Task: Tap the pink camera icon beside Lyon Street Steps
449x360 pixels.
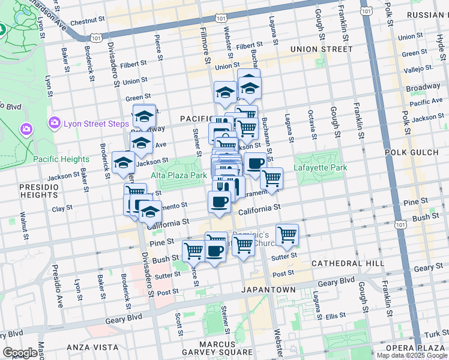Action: coord(55,122)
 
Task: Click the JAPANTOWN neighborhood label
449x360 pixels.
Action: coord(268,290)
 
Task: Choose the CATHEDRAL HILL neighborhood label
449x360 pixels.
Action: coord(348,263)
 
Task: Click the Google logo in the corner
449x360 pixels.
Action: coord(20,353)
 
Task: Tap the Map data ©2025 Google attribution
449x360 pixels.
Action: coord(412,355)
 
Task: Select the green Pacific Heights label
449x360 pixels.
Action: coord(61,159)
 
